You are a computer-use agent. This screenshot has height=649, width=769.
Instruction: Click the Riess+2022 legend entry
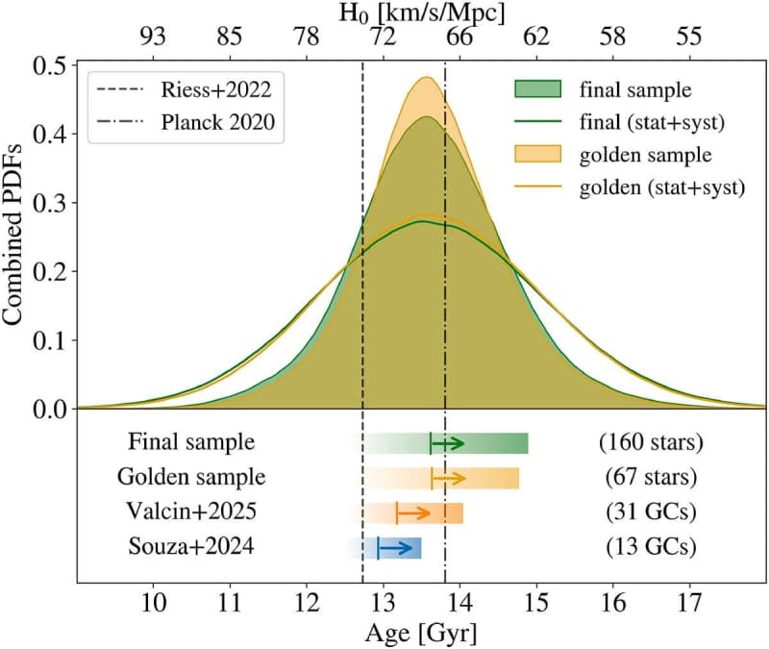[216, 91]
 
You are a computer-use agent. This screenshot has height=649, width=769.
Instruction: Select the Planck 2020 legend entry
[218, 121]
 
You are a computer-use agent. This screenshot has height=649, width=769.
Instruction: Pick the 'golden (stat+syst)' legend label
[662, 188]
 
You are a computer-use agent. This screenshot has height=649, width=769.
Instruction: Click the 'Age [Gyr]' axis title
[421, 635]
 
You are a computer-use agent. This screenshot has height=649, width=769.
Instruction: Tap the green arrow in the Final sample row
[448, 442]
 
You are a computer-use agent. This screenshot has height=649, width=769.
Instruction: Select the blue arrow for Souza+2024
[392, 547]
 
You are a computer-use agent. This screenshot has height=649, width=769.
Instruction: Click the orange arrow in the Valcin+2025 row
[413, 512]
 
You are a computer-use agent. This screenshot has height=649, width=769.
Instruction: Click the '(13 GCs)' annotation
[651, 547]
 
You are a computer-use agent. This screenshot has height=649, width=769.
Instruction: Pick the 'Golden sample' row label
[190, 477]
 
